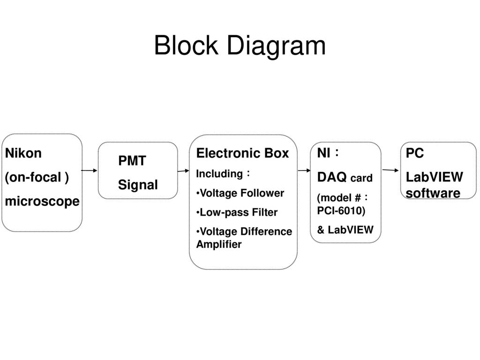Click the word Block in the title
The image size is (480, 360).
click(186, 45)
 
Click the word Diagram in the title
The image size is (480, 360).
click(276, 46)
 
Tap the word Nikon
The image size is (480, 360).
click(23, 153)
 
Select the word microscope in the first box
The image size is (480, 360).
click(42, 202)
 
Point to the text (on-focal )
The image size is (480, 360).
click(37, 177)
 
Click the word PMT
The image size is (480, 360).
click(132, 161)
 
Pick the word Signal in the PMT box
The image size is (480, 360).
click(138, 185)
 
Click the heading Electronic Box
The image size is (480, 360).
click(242, 153)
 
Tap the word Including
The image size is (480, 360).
click(219, 173)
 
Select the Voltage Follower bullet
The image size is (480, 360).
click(240, 193)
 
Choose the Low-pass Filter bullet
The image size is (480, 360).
click(237, 212)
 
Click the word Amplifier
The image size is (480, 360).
click(219, 244)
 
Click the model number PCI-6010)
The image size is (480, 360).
click(341, 210)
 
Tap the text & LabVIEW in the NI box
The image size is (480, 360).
click(345, 230)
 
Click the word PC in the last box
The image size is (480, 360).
click(415, 153)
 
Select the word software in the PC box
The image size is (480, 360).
click(433, 193)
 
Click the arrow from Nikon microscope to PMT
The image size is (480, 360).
click(90, 170)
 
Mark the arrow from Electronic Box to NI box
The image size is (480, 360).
click(304, 170)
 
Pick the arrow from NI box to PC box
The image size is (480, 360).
click(390, 170)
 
